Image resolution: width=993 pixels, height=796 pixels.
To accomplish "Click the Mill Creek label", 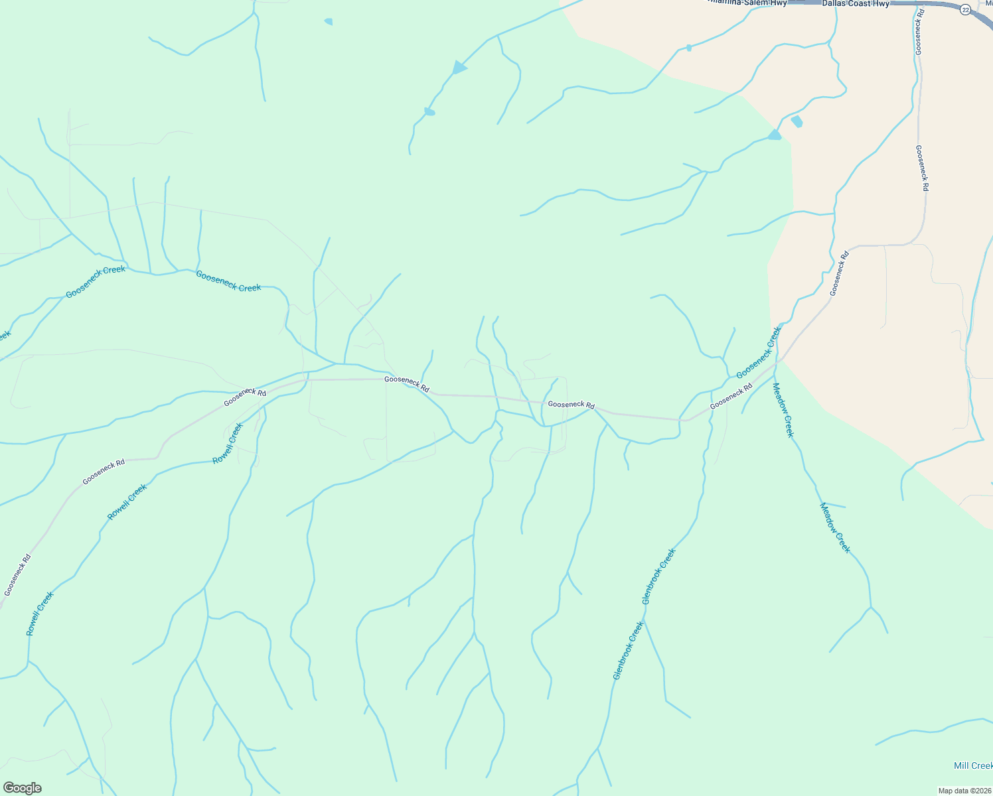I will tap(972, 765).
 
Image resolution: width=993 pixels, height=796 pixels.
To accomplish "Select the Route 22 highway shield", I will tap(965, 9).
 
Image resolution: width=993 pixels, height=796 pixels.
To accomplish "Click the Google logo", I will tap(21, 787).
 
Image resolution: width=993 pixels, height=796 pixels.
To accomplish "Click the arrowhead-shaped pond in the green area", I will tap(459, 68).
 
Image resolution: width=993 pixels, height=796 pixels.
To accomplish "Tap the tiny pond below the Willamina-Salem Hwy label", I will tap(689, 48).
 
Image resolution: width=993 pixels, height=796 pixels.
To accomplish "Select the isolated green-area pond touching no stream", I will tap(329, 22).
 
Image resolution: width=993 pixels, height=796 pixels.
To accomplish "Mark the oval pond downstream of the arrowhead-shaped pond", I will tap(429, 111).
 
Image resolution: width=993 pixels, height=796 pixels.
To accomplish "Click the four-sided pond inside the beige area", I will tap(797, 121).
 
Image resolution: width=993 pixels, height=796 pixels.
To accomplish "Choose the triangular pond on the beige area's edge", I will tap(775, 135).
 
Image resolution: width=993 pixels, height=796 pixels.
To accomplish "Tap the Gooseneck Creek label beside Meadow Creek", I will tap(759, 352).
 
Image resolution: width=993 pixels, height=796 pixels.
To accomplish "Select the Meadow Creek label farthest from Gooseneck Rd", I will tap(834, 527).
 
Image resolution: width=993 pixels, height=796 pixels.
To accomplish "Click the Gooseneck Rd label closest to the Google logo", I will tap(17, 574).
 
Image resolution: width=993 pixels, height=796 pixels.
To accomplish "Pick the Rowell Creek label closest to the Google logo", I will tap(39, 614).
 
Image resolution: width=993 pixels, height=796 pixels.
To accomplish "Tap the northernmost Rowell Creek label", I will tap(228, 443).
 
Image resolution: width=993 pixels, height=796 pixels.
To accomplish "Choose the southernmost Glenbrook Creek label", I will tap(628, 650).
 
